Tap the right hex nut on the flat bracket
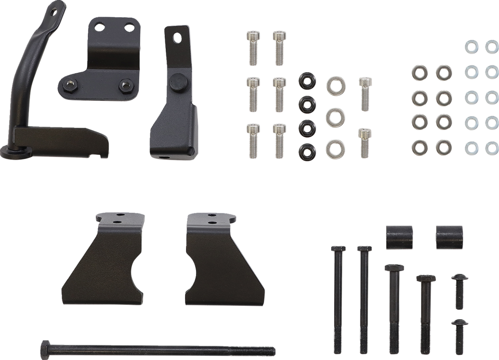(125, 85)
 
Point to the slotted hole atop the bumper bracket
(177, 36)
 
